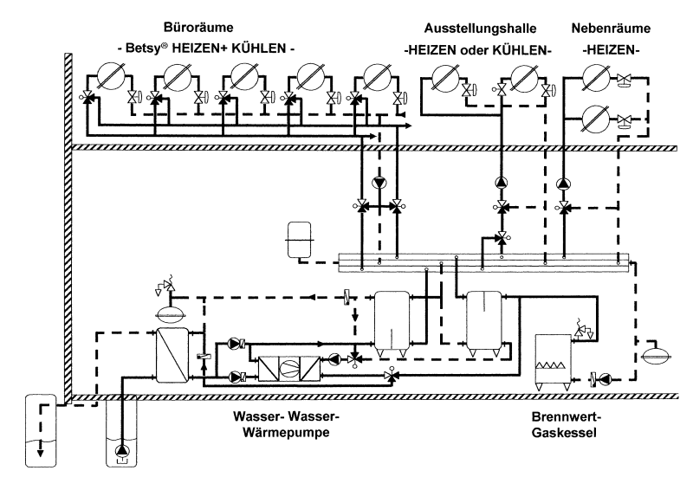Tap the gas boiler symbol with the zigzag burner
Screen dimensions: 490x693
[552, 363]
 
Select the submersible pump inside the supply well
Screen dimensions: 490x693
[120, 450]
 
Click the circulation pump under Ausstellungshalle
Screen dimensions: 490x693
[501, 184]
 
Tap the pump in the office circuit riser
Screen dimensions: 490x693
[379, 183]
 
